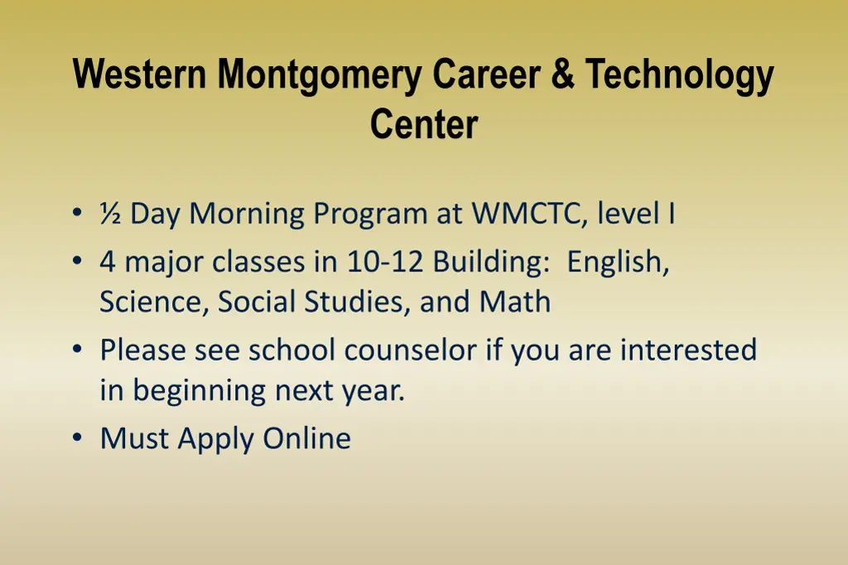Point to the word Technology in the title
click(680, 77)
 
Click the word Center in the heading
click(423, 124)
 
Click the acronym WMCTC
click(529, 214)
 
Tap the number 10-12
click(386, 262)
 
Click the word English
click(618, 264)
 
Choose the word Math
click(514, 302)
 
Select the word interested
click(688, 350)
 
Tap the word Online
click(306, 438)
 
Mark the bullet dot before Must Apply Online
click(77, 438)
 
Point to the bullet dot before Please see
click(77, 350)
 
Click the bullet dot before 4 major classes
click(77, 262)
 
